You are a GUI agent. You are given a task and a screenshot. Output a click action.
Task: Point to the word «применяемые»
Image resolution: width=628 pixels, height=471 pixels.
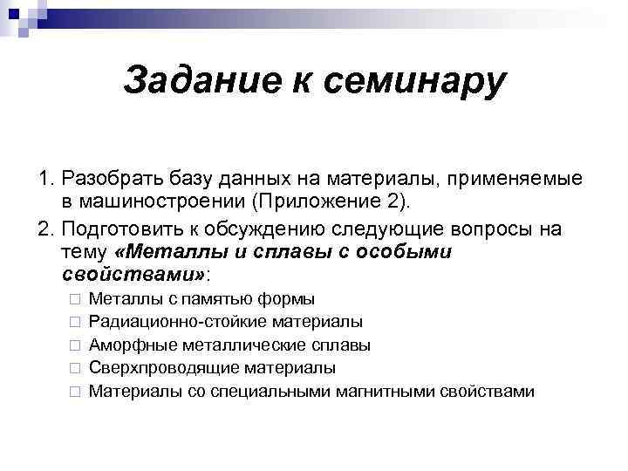coord(528,180)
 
